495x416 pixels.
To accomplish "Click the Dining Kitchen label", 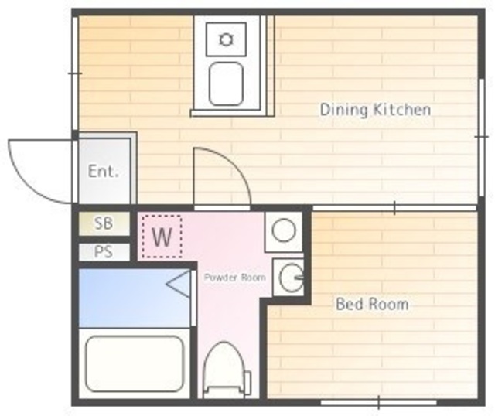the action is (375, 110).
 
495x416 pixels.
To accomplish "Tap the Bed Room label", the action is (372, 304).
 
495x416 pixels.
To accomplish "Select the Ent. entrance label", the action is (103, 172).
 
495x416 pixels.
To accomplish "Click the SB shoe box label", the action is (104, 223).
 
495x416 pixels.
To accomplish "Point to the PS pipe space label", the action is (104, 252).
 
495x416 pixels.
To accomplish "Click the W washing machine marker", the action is (162, 237).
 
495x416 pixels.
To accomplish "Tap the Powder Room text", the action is (234, 278).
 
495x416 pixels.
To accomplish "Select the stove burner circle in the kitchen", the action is (226, 39).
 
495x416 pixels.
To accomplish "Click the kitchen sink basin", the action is (226, 84).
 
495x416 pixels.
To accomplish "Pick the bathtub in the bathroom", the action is (135, 363).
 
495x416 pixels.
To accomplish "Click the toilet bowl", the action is (224, 370).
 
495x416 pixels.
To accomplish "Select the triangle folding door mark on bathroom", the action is (179, 284).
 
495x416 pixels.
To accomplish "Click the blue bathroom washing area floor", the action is (134, 298).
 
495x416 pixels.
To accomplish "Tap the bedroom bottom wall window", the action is (379, 402).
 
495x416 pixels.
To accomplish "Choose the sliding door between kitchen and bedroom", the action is (394, 208).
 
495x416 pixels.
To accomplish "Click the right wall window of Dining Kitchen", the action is (481, 138).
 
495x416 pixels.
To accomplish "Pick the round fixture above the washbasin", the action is (284, 230).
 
